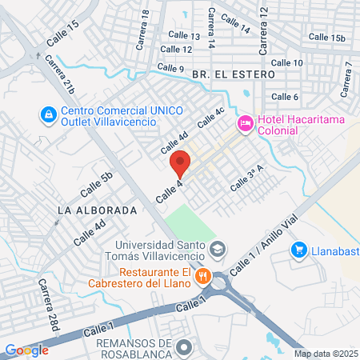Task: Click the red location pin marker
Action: point(180,163)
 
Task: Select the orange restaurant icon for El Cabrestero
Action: point(203,277)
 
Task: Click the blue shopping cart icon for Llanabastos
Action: point(299,250)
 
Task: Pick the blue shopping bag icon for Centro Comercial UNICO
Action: point(48,116)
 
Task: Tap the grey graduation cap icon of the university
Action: point(216,250)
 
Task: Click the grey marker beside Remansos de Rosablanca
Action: point(186,346)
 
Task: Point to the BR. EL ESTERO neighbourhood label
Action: point(233,74)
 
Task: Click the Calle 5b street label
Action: point(95,186)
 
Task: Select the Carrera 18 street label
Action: point(145,29)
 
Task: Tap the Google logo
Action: point(26,350)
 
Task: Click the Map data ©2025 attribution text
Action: point(325,354)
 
